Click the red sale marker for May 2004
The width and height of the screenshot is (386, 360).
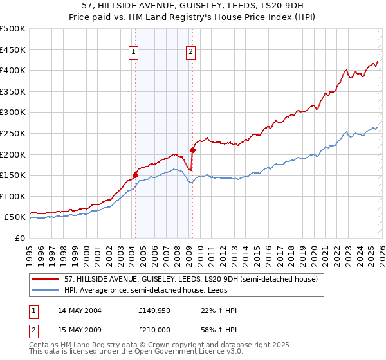(135, 174)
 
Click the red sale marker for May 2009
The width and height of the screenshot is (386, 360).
(192, 150)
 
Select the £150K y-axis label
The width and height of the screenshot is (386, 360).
(13, 175)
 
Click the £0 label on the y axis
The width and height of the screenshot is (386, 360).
(20, 238)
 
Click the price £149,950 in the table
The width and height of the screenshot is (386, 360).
(154, 310)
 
